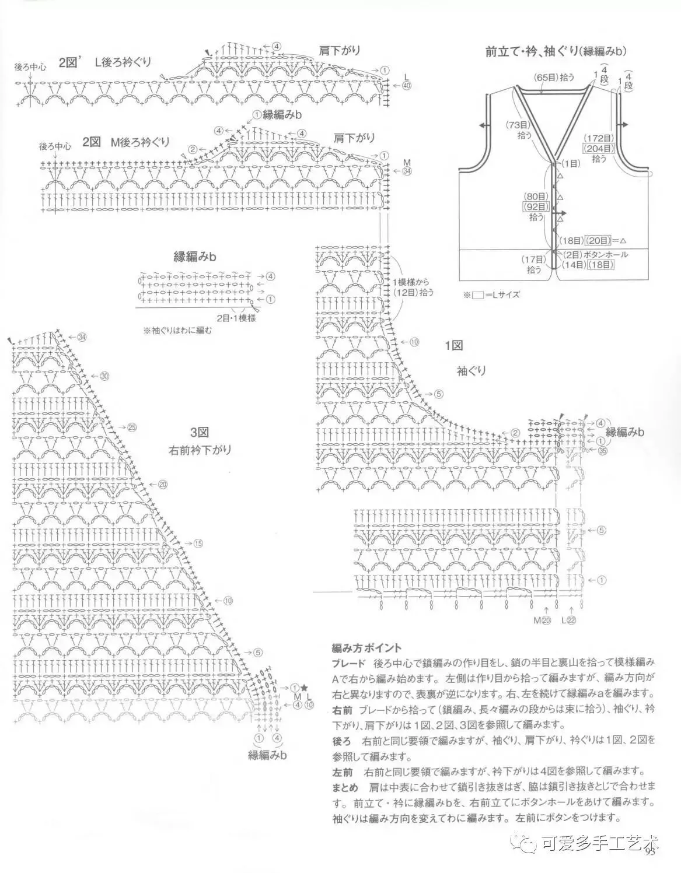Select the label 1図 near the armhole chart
click(x=453, y=346)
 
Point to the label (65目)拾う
click(x=554, y=76)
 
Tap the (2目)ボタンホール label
click(x=596, y=255)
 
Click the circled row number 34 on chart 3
click(x=81, y=336)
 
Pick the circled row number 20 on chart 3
click(x=162, y=484)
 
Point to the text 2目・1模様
click(x=236, y=318)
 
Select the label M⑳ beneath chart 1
click(x=542, y=620)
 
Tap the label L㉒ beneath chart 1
click(x=568, y=620)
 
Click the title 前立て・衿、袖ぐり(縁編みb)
click(x=556, y=51)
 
